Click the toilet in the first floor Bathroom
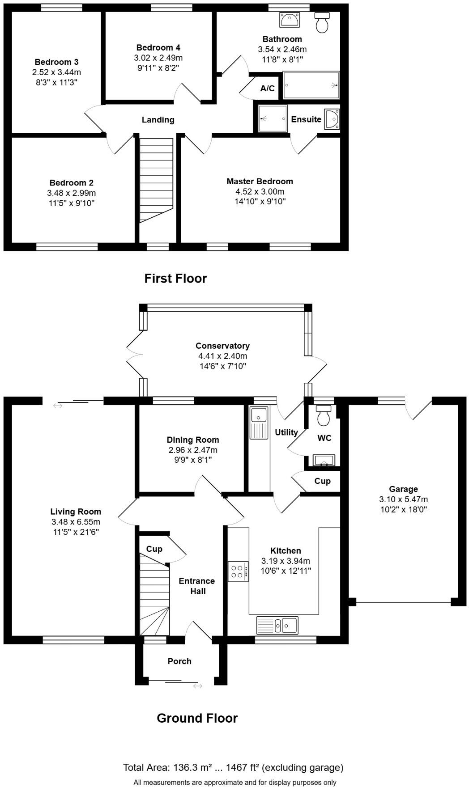click(x=322, y=22)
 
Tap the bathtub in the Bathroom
click(x=311, y=85)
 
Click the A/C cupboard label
click(x=267, y=89)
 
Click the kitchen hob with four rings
click(x=238, y=571)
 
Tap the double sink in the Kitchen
click(x=277, y=625)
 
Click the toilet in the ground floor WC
click(x=323, y=416)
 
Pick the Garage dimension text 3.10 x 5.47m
click(x=403, y=499)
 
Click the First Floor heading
click(x=175, y=278)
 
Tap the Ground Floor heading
click(x=197, y=718)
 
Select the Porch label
click(x=179, y=661)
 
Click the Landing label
click(x=158, y=120)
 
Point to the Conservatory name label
click(x=222, y=346)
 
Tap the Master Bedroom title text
click(x=260, y=181)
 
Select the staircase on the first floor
click(x=156, y=179)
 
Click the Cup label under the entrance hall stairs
click(x=154, y=549)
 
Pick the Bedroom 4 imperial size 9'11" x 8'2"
click(x=158, y=68)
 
